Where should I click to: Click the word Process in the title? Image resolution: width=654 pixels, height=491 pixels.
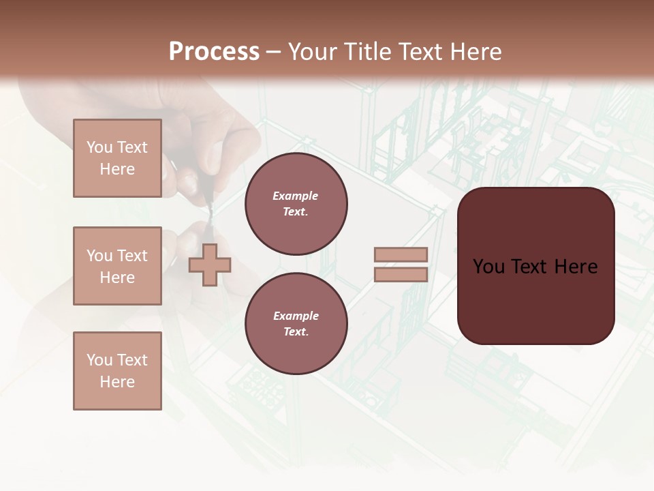[x=214, y=52]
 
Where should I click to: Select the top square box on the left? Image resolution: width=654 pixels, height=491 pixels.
[x=117, y=158]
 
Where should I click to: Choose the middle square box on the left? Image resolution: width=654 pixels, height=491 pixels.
[x=117, y=266]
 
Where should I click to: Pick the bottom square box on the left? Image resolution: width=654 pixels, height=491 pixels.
[x=117, y=371]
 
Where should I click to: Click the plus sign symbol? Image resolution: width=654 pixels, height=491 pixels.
[x=210, y=265]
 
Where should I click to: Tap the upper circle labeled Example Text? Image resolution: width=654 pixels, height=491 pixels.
[x=296, y=204]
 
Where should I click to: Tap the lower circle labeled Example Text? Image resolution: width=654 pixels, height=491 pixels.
[x=296, y=324]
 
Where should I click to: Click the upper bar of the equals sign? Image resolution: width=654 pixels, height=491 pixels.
[x=401, y=255]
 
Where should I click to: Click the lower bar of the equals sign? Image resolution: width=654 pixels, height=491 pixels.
[x=401, y=275]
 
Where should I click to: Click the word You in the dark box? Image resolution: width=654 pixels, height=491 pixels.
[x=489, y=267]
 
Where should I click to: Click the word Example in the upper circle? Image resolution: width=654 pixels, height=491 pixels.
[x=295, y=196]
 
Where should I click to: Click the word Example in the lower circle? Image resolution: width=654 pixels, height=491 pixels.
[x=295, y=316]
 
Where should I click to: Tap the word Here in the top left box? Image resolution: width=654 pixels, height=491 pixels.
[x=117, y=169]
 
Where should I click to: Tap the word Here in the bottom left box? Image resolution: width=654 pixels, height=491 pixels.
[x=117, y=382]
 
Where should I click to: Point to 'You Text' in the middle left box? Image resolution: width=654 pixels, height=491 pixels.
[x=117, y=256]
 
